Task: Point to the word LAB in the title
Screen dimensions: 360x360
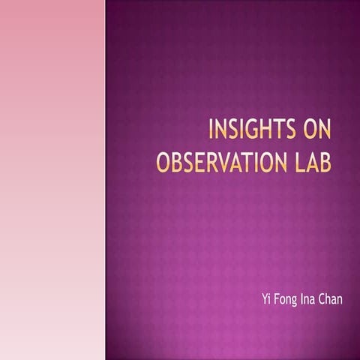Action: click(x=310, y=162)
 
